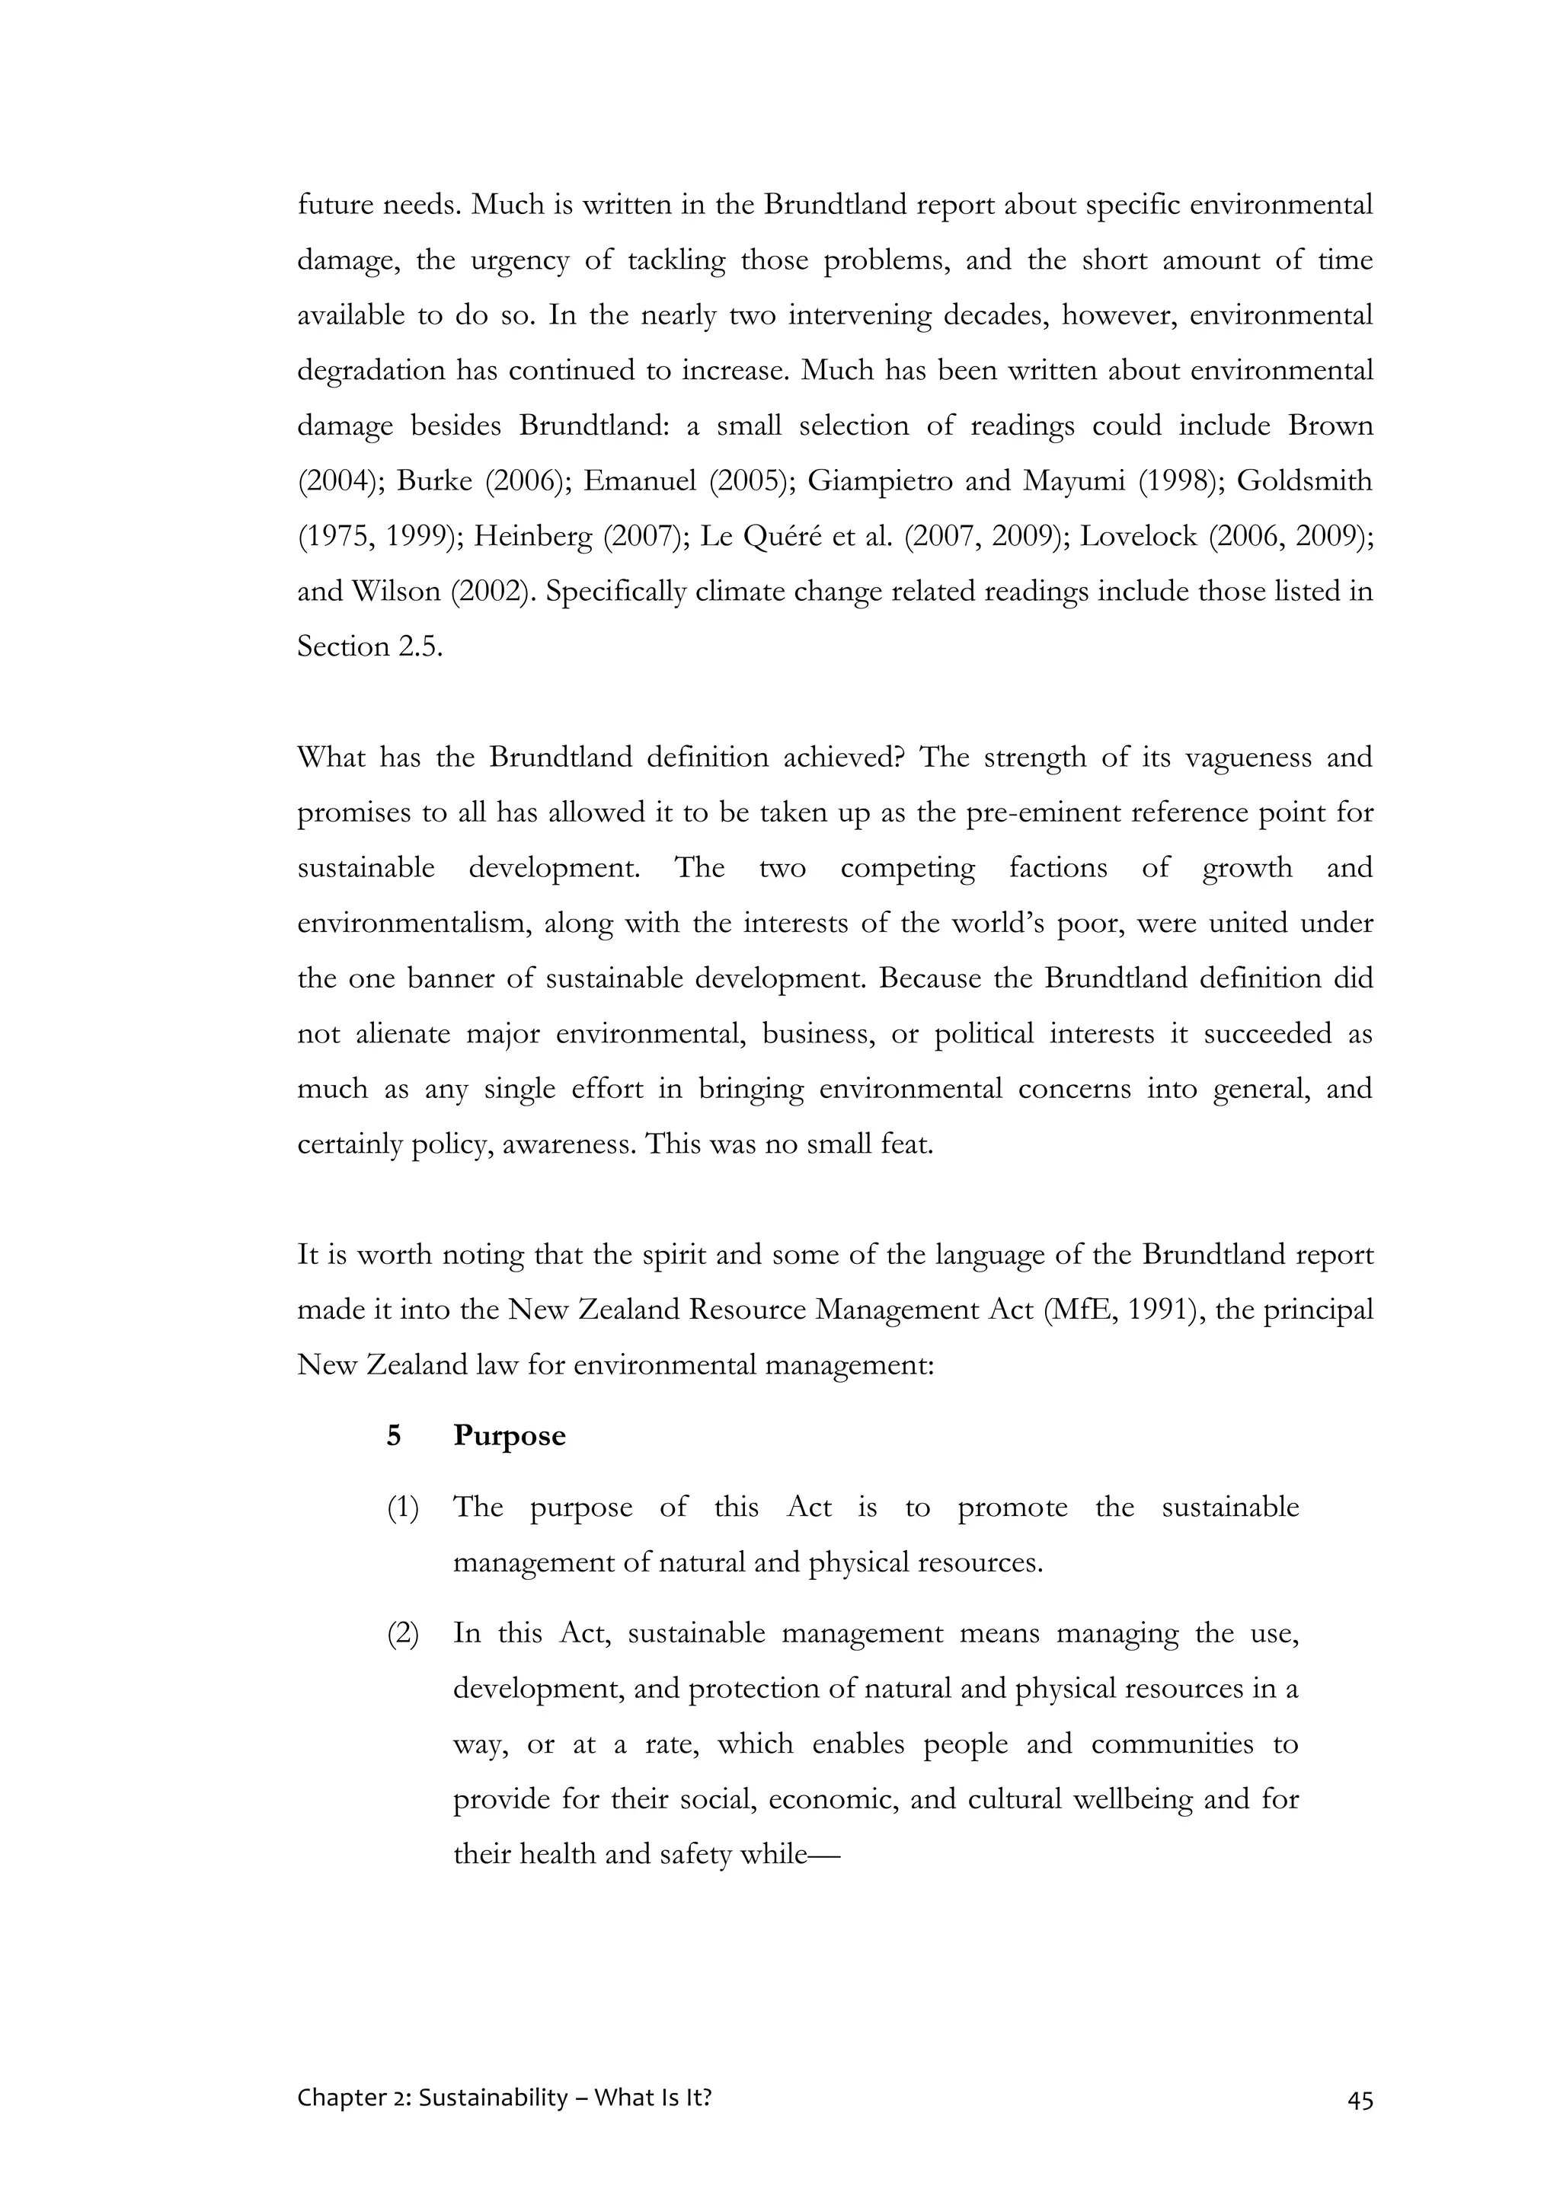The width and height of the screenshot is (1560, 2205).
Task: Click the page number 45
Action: [1360, 2101]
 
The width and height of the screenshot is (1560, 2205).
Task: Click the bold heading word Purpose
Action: [509, 1436]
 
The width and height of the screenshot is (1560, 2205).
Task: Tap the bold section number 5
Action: [394, 1436]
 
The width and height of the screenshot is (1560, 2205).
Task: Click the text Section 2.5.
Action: [370, 646]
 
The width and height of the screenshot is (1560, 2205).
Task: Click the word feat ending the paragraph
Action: [906, 1144]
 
